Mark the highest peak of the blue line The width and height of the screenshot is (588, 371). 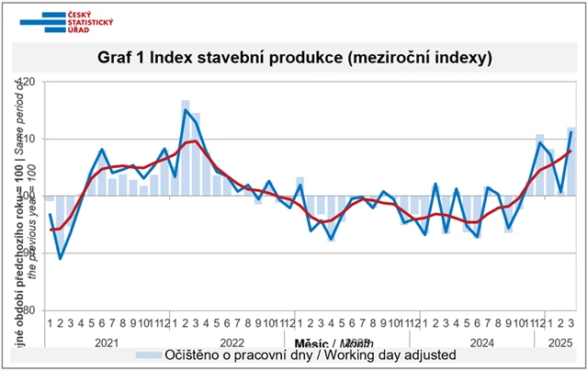[186, 110]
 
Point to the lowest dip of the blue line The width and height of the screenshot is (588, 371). [61, 259]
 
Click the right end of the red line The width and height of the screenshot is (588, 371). [571, 151]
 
